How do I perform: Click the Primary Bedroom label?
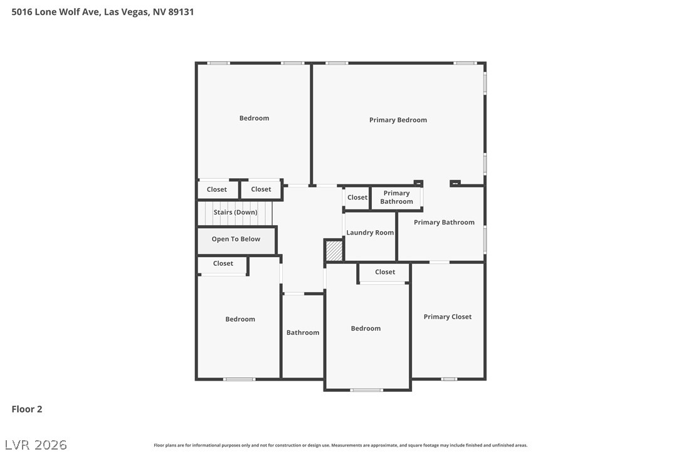point(398,120)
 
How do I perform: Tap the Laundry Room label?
point(370,233)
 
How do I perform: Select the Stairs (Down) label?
point(235,212)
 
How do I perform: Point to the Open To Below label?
point(236,239)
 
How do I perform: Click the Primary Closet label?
point(447,317)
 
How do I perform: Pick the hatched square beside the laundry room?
point(334,251)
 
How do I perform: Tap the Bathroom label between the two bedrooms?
point(303,332)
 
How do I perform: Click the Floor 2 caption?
point(27,409)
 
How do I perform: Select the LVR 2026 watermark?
point(36,445)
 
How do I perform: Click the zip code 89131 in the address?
point(181,12)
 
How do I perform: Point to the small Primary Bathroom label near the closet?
point(396,198)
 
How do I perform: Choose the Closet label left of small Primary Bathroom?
point(357,198)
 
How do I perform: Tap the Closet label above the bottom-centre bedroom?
point(385,272)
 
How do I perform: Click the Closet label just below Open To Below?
point(223,263)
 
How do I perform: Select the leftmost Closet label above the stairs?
point(217,189)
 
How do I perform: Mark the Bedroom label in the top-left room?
point(254,118)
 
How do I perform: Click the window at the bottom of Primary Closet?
point(449,379)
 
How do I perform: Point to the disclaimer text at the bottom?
point(340,445)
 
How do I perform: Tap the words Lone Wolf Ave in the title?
point(68,12)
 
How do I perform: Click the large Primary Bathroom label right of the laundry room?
point(444,223)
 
